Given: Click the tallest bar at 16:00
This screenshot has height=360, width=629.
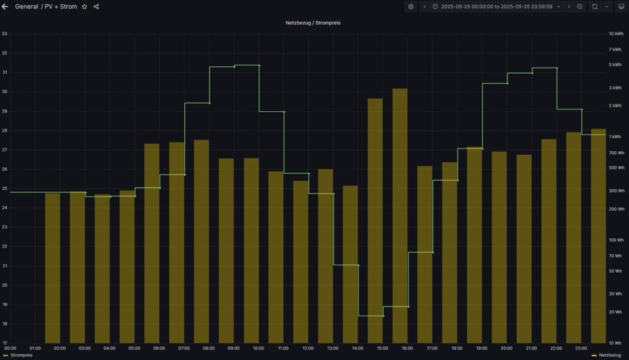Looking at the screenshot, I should (400, 215).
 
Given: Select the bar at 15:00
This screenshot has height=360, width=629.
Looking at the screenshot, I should (375, 221).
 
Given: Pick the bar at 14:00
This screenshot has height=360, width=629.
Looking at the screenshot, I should (350, 264).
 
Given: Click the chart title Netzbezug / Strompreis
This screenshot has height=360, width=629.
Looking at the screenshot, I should (313, 23).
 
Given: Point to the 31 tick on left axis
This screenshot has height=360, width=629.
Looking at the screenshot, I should (5, 72).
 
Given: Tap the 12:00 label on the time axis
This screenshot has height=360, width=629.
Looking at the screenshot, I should (308, 348).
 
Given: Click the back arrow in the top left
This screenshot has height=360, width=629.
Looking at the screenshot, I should (6, 7).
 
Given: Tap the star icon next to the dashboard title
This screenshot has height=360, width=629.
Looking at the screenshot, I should (85, 7).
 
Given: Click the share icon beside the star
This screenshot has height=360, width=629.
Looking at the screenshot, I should (96, 7).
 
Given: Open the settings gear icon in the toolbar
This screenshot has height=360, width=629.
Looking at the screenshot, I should (411, 7).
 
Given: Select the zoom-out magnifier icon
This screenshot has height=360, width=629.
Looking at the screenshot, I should (580, 7).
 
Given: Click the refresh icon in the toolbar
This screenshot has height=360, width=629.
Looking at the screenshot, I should (595, 7).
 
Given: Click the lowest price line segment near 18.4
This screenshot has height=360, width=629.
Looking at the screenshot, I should (370, 316).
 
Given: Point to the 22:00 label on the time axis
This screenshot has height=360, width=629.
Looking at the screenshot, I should (556, 348).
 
